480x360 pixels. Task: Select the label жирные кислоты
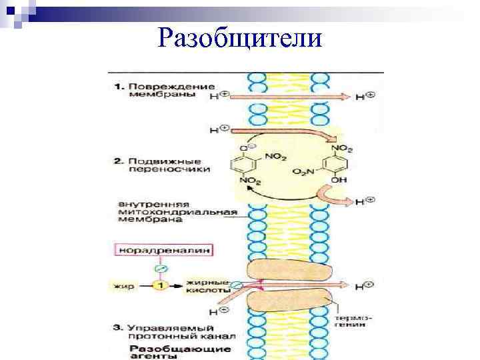coord(208,286)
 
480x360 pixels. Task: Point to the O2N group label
coord(303,172)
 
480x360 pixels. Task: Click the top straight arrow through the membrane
coord(287,96)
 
